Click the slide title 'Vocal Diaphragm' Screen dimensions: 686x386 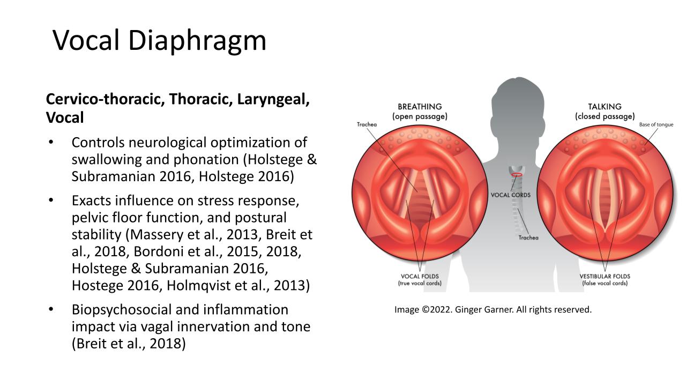click(159, 41)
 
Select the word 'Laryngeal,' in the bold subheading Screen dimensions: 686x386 click(273, 99)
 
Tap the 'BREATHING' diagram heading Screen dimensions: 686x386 click(420, 107)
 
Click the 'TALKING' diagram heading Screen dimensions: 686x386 click(605, 107)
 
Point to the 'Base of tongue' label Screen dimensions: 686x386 click(656, 125)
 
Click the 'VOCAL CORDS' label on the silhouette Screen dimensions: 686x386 click(511, 195)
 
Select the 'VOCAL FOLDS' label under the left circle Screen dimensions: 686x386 click(420, 276)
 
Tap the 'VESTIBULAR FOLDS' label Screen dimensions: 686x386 click(605, 276)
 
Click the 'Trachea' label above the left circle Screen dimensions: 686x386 click(367, 124)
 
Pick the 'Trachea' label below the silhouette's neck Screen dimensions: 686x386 click(528, 237)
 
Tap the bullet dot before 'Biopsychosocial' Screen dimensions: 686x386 click(51, 309)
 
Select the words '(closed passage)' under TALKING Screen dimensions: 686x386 click(605, 116)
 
